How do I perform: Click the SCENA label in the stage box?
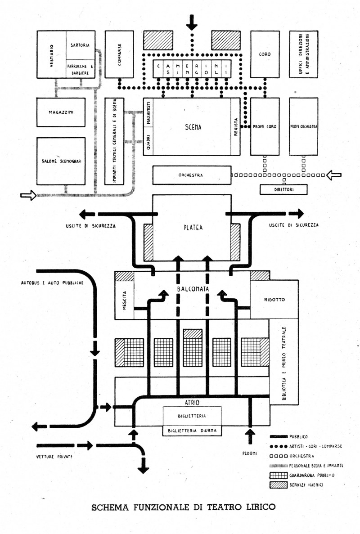pyautogui.click(x=193, y=127)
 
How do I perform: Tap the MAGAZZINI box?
pyautogui.click(x=61, y=112)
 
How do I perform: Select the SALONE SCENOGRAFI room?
pyautogui.click(x=61, y=161)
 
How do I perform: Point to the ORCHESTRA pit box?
pyautogui.click(x=192, y=175)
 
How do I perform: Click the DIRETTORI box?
pyautogui.click(x=283, y=189)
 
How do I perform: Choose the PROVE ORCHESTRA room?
pyautogui.click(x=303, y=126)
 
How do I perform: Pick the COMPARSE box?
pyautogui.click(x=119, y=54)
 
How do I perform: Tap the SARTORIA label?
pyautogui.click(x=81, y=45)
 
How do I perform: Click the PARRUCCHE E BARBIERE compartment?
pyautogui.click(x=81, y=69)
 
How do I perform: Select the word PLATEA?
pyautogui.click(x=193, y=228)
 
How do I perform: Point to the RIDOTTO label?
pyautogui.click(x=274, y=300)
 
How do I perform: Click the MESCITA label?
pyautogui.click(x=124, y=301)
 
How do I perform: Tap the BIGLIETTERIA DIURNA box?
pyautogui.click(x=192, y=431)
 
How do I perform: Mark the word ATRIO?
pyautogui.click(x=192, y=403)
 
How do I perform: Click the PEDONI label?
pyautogui.click(x=250, y=453)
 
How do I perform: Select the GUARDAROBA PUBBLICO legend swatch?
pyautogui.click(x=278, y=475)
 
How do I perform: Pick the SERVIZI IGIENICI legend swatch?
pyautogui.click(x=278, y=485)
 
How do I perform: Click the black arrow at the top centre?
pyautogui.click(x=192, y=22)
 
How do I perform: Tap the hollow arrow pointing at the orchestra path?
pyautogui.click(x=334, y=175)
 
